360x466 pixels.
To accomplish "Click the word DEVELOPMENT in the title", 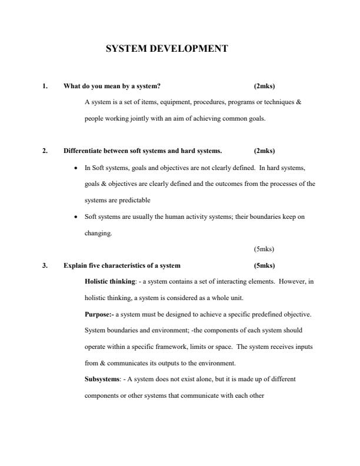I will (x=188, y=49).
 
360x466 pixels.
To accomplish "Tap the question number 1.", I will (x=44, y=86).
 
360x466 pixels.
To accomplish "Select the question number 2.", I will (x=44, y=151).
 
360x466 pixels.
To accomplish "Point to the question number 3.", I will (x=44, y=265).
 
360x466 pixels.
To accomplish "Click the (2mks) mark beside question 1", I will (x=264, y=86).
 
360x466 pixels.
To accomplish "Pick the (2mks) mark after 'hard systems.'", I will (x=264, y=151).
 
